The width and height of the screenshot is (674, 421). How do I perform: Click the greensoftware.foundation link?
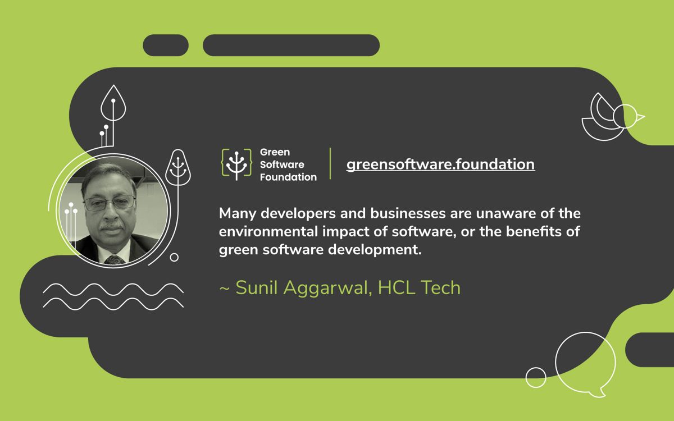[x=440, y=164]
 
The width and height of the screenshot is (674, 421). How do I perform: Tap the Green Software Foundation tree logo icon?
[x=236, y=164]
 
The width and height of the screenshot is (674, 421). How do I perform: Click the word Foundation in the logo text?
[x=288, y=177]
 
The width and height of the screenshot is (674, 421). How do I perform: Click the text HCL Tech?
[x=419, y=287]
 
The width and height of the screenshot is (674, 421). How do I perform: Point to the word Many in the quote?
[x=236, y=214]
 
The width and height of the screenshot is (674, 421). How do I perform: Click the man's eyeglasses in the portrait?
[x=109, y=203]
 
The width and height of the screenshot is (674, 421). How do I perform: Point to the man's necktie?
[x=115, y=259]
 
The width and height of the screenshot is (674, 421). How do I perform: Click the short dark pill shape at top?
[x=166, y=45]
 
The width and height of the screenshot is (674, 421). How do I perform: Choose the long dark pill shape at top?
[x=291, y=45]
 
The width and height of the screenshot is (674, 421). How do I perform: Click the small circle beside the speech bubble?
[x=536, y=377]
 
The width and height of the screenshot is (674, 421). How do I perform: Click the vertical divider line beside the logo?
[x=330, y=163]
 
